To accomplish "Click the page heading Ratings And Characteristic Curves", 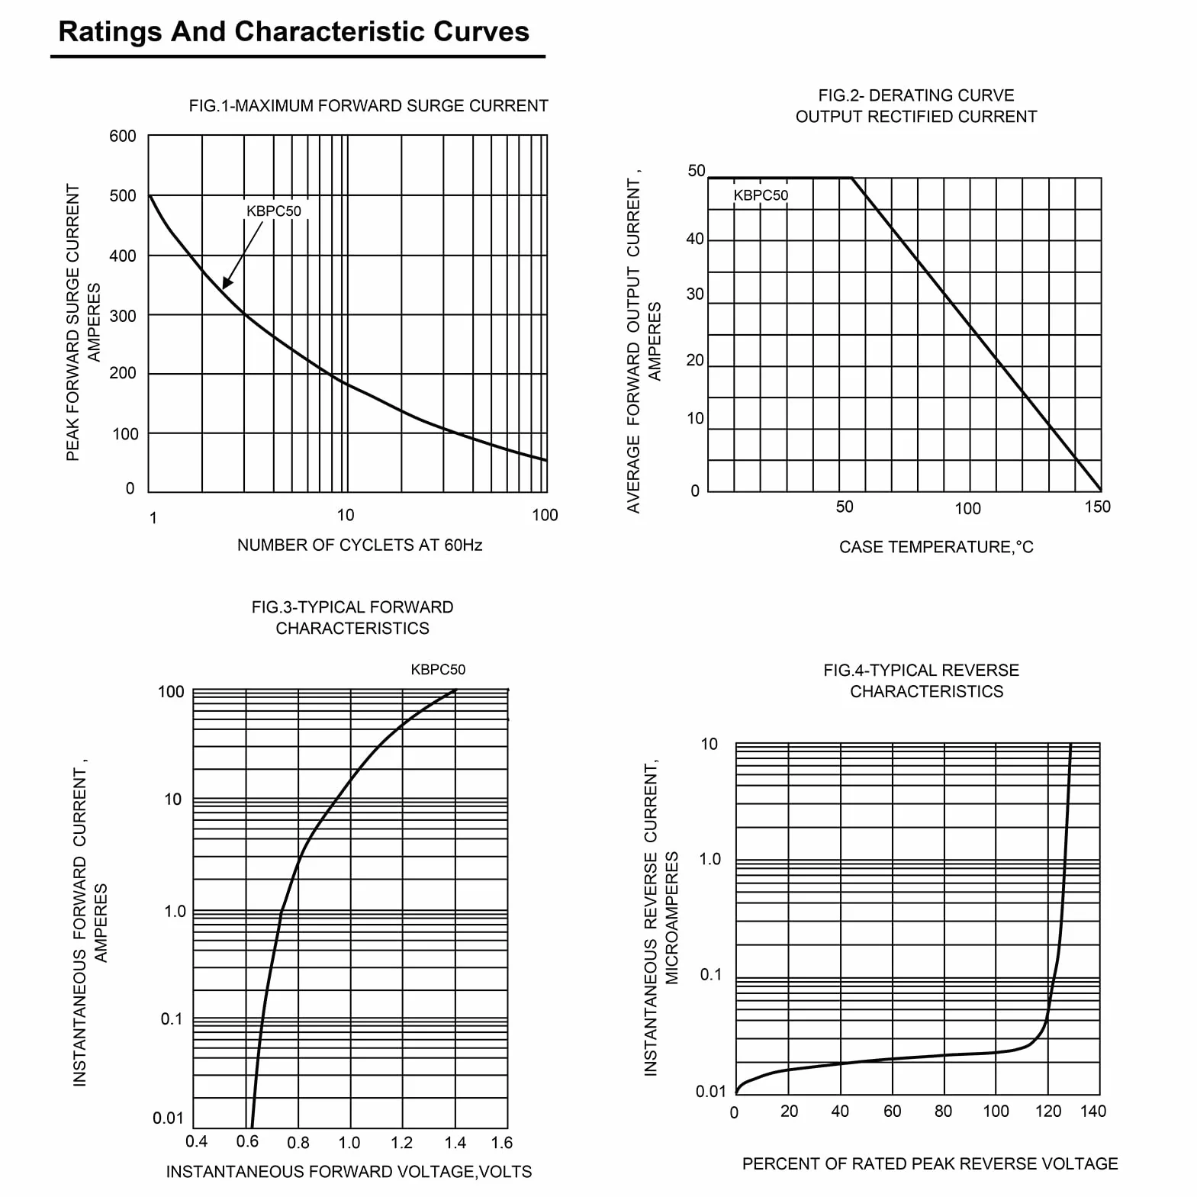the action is tap(294, 32).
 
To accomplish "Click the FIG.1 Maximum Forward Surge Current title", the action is tap(368, 106).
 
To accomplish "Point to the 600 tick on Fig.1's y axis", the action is tap(123, 136).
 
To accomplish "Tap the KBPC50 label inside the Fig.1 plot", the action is tap(274, 211).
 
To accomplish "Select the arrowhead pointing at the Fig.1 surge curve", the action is tap(227, 282).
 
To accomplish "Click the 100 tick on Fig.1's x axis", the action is tap(545, 515).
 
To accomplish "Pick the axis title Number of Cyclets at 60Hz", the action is tap(359, 545).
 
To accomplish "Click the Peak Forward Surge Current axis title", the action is tap(82, 322).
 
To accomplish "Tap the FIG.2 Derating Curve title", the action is tap(916, 106).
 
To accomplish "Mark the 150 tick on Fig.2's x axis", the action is tap(1098, 507).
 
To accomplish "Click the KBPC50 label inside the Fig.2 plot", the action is tap(761, 195).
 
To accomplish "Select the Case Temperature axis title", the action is tap(936, 547).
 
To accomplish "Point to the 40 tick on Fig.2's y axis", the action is tap(695, 239).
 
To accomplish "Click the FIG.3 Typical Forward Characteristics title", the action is tap(352, 617).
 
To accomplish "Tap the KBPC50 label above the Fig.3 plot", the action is tap(438, 669).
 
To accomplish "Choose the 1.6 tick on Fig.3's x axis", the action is tap(502, 1142).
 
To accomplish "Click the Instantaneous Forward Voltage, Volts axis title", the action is tap(349, 1171).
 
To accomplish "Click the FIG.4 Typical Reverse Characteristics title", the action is tap(922, 681).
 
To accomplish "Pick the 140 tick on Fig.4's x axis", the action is tap(1093, 1111).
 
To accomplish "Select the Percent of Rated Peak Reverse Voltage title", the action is tap(930, 1163).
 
